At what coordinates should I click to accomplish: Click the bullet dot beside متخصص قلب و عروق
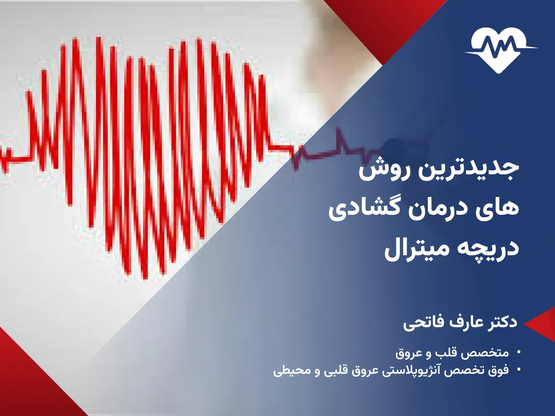point(518,353)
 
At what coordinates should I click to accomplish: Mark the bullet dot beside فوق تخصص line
point(518,371)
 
